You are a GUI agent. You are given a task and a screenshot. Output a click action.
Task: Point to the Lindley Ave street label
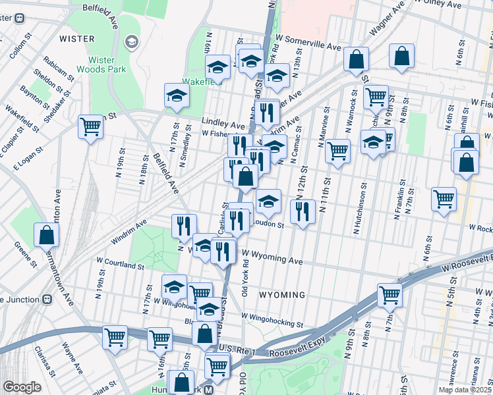pyautogui.click(x=223, y=124)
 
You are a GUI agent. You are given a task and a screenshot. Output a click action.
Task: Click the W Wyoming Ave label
pyautogui.click(x=272, y=257)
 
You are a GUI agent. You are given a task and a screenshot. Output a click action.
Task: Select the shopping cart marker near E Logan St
pyautogui.click(x=90, y=126)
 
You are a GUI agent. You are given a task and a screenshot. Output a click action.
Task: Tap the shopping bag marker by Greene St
pyautogui.click(x=47, y=234)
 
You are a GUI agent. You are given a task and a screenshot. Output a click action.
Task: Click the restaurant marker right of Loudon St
pyautogui.click(x=302, y=212)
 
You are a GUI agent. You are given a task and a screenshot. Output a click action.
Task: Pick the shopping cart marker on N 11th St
pyautogui.click(x=337, y=151)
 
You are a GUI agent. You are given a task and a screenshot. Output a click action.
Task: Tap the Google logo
pyautogui.click(x=22, y=387)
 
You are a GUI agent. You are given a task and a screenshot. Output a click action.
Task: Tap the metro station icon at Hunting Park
pyautogui.click(x=208, y=389)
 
